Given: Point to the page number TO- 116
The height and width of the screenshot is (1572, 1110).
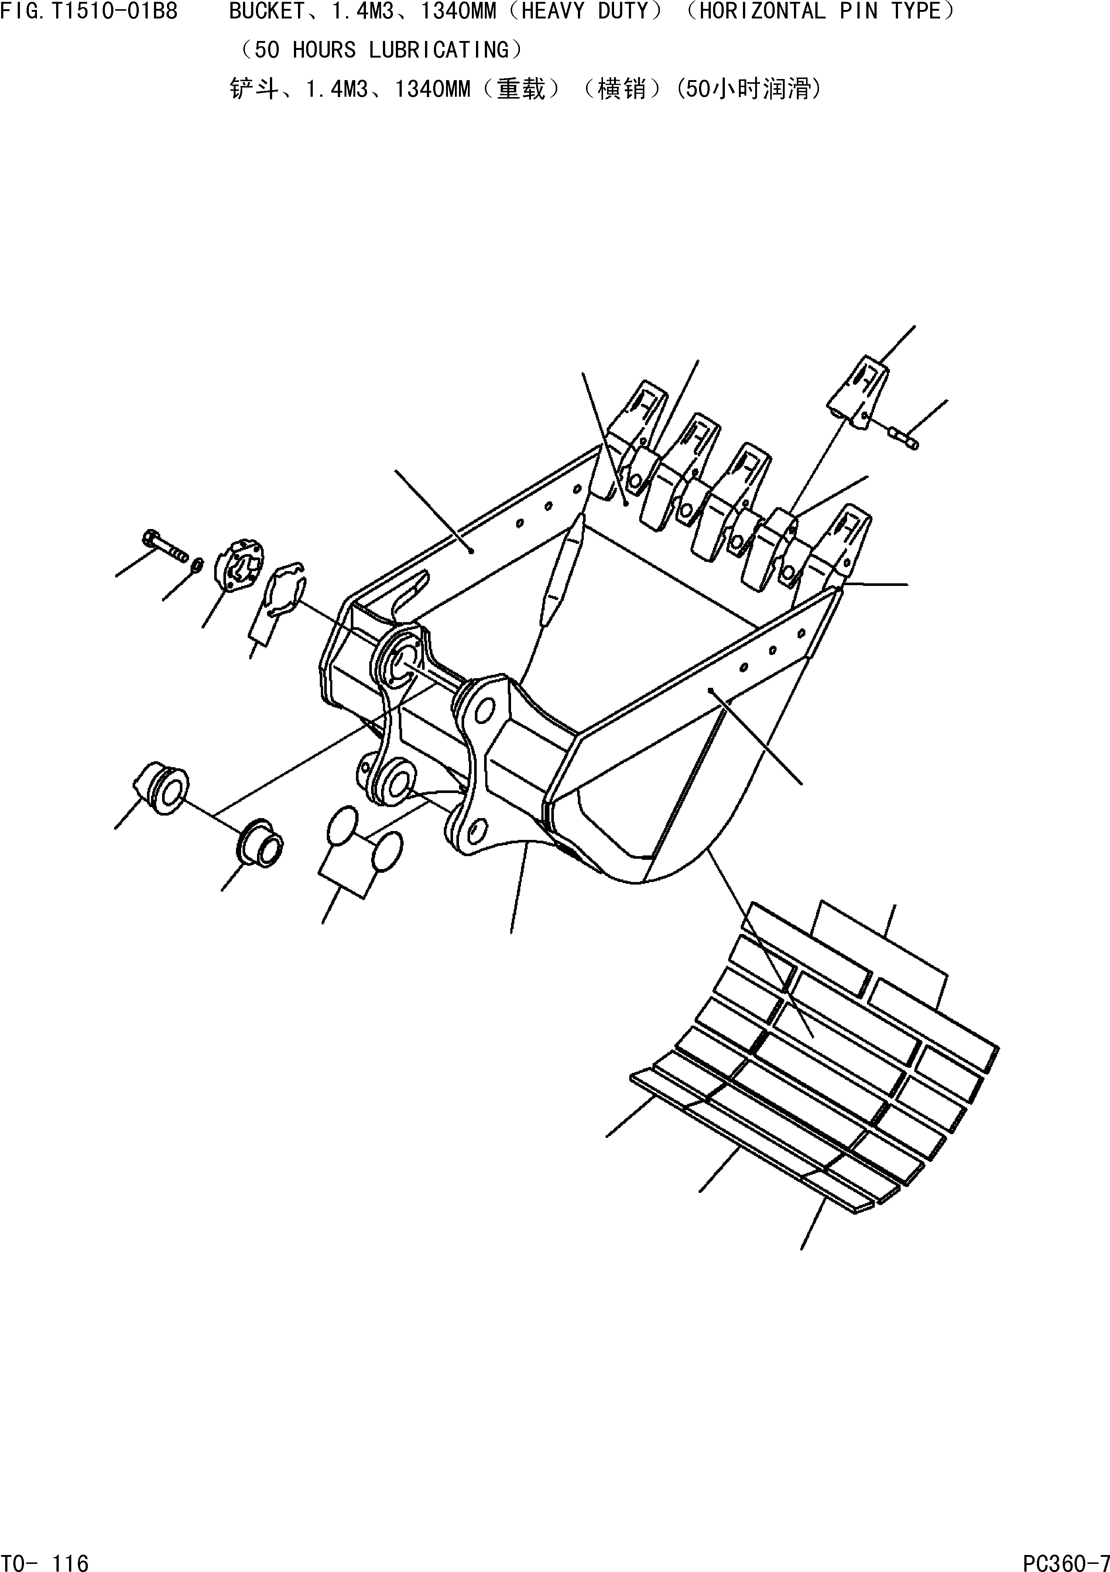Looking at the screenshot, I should click(x=45, y=1558).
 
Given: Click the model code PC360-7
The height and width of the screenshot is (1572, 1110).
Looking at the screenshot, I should click(x=1065, y=1558).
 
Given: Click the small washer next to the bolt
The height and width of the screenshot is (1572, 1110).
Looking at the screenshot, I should click(x=196, y=566).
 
